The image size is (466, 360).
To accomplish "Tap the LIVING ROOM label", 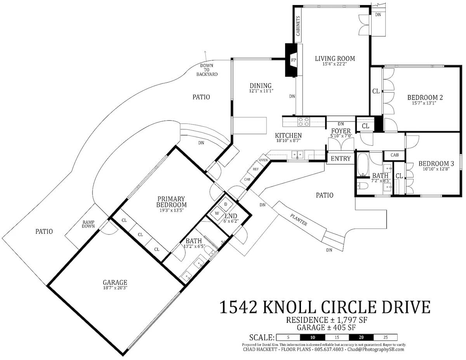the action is (335, 59).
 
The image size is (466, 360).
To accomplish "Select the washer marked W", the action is (217, 213).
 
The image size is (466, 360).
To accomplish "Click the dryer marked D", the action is (225, 204).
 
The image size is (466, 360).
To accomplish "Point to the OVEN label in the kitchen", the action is (263, 160).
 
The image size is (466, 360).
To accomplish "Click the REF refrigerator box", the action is (256, 169).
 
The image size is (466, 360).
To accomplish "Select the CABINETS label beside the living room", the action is (298, 26).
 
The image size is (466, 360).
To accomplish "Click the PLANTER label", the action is (299, 220).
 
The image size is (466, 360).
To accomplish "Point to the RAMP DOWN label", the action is (88, 224).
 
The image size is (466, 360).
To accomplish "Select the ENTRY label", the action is (341, 159).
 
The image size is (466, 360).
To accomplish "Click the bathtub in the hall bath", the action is (363, 164).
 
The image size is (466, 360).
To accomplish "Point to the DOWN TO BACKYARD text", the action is (207, 70).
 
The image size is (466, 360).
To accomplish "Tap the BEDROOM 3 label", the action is (436, 164).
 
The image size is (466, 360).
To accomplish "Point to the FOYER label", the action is (341, 131).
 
